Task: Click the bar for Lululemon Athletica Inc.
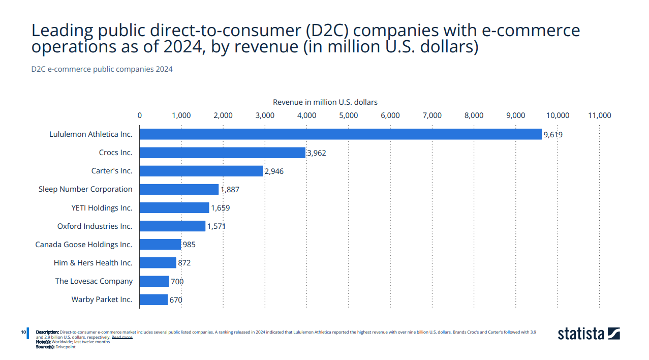coord(341,134)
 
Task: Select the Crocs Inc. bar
coord(222,153)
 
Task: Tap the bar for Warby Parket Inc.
coord(153,299)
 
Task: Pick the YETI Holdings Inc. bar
coord(174,207)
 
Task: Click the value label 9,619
coord(553,135)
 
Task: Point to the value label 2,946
coord(274,171)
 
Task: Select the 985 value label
coord(189,245)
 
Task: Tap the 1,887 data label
coord(230,190)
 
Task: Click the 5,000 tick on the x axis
coord(348,115)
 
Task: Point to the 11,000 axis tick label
coord(599,115)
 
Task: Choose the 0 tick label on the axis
coord(140,115)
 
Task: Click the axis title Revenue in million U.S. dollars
coord(325,102)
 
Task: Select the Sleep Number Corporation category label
coord(85,189)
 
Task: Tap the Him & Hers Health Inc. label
coord(93,263)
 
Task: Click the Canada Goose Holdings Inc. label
coord(84,245)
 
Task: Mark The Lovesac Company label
coord(94,281)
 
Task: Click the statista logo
coord(589,334)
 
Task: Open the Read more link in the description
coord(122,337)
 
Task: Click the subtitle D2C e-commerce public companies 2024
coord(102,69)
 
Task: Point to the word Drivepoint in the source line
coord(66,347)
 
